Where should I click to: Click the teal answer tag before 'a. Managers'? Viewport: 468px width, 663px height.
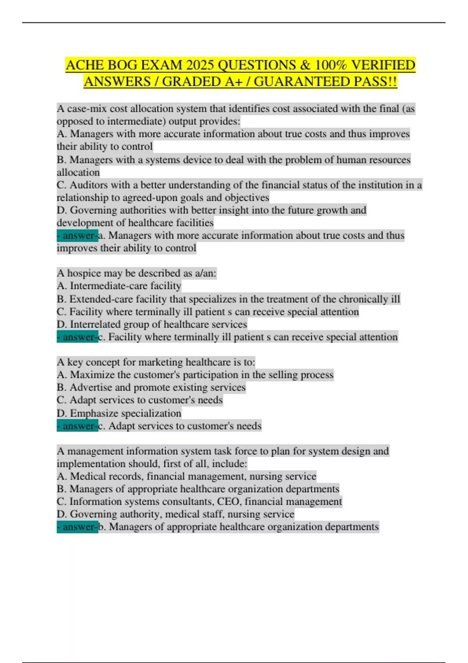[77, 236]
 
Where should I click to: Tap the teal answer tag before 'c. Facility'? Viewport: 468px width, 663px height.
[77, 337]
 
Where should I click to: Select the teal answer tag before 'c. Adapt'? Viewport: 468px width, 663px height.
[77, 426]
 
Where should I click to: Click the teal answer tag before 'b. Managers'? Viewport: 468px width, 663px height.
[77, 527]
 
